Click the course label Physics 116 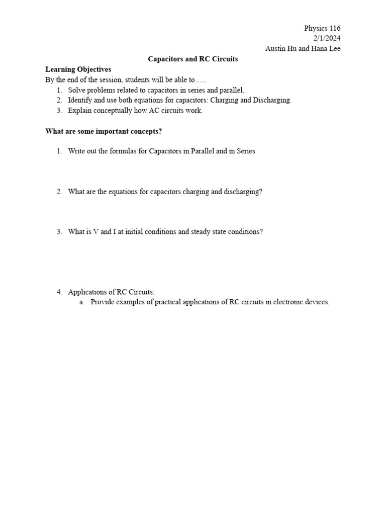pos(322,29)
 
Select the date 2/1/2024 pos(327,39)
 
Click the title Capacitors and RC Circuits pos(192,59)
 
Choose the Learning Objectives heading pos(78,69)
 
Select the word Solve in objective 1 pos(76,90)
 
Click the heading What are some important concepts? pos(104,131)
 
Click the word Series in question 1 pos(246,151)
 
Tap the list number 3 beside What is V pos(59,232)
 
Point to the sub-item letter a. pos(81,302)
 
